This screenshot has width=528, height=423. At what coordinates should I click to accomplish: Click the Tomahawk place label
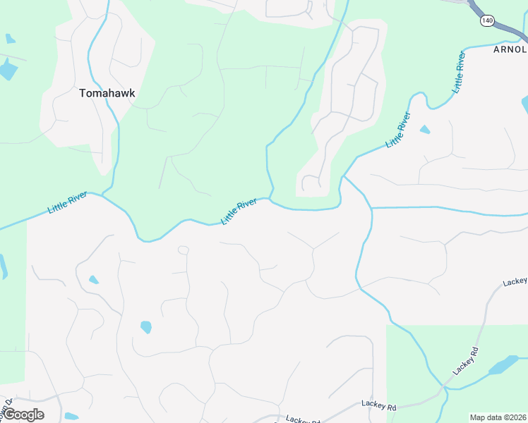[x=107, y=92]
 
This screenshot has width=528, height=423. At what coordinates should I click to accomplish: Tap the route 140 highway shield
[x=487, y=21]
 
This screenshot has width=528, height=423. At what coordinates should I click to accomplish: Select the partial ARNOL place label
[x=510, y=49]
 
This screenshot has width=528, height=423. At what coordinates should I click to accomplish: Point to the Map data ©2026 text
[x=498, y=417]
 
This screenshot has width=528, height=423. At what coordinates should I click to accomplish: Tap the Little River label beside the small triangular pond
[x=398, y=130]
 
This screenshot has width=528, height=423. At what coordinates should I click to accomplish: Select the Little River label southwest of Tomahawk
[x=68, y=202]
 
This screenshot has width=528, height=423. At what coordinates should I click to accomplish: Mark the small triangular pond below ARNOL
[x=424, y=130]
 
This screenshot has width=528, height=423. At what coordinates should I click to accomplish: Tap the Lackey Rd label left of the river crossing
[x=379, y=406]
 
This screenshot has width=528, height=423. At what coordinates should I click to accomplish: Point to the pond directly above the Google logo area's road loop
[x=145, y=327]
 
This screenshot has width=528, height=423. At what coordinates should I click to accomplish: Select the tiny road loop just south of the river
[x=183, y=250]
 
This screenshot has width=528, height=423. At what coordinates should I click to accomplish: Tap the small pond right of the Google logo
[x=71, y=417]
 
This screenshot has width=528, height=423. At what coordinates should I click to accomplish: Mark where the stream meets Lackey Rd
[x=444, y=388]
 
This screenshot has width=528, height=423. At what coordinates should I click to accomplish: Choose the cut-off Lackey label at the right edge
[x=516, y=281]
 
